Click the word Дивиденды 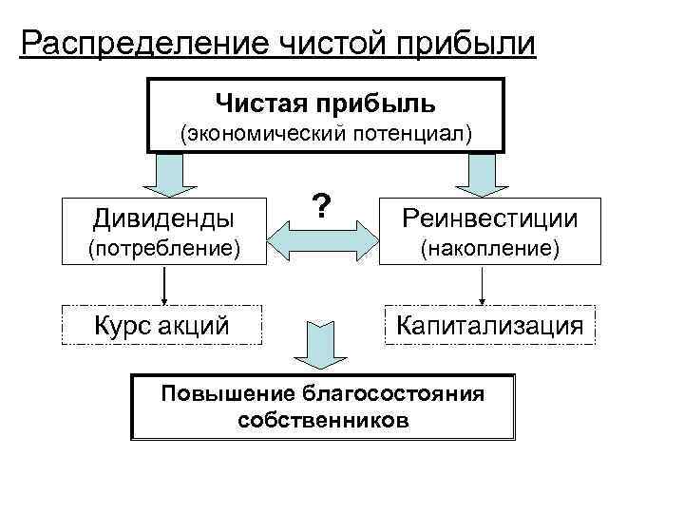[x=162, y=218]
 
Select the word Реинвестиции [x=489, y=218]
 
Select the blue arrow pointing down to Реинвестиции [x=481, y=175]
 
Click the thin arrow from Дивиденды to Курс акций [x=166, y=284]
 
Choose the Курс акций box [x=161, y=326]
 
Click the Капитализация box [x=489, y=326]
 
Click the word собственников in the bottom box [x=325, y=419]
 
